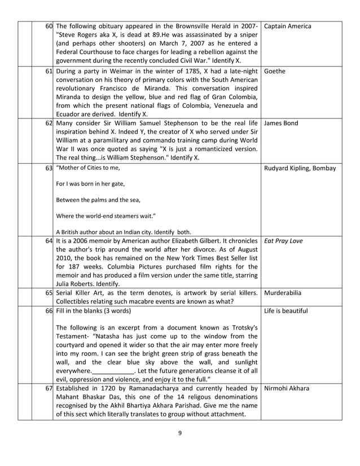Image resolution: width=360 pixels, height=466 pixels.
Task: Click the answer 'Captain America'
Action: click(x=287, y=27)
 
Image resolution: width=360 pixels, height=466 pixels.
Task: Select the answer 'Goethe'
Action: click(x=274, y=72)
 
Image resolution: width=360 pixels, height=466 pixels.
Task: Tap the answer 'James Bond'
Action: click(x=281, y=123)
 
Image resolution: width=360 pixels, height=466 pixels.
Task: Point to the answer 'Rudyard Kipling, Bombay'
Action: click(x=300, y=168)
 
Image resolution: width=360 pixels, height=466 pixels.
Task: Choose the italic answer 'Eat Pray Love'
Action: click(x=283, y=241)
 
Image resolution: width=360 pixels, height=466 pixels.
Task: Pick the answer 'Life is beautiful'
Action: click(x=286, y=311)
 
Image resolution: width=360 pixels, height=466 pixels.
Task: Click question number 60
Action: click(x=49, y=27)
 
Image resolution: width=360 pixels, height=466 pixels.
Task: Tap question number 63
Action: click(x=49, y=168)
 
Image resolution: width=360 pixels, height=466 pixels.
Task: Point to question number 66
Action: click(x=49, y=311)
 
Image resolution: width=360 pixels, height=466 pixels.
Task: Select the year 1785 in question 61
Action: click(x=183, y=72)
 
